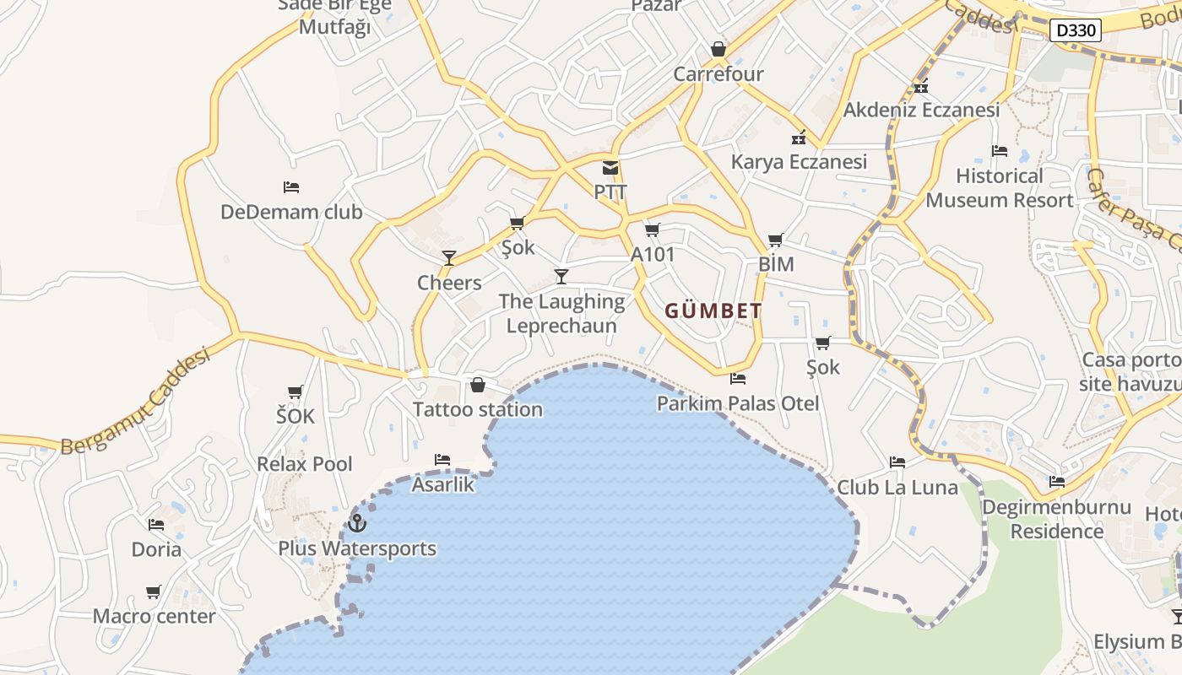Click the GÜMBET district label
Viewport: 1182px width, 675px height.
coord(713,310)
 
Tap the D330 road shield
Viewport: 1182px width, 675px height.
coord(1076,31)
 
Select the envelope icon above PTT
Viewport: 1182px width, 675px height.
coord(610,168)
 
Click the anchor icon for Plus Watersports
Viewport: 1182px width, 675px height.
coord(358,524)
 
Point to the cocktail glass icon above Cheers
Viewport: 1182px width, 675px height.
coord(449,258)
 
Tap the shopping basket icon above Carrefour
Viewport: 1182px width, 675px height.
coord(718,50)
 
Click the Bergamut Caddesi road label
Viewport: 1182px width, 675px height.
coord(135,402)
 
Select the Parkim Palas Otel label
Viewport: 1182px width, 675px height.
coord(738,403)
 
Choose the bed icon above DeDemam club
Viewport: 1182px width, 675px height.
coord(291,187)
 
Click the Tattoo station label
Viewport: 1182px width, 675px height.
coord(477,410)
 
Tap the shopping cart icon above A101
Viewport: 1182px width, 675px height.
coord(652,229)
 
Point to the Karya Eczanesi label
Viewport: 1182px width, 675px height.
coord(799,162)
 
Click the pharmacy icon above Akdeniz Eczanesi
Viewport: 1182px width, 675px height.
coord(921,86)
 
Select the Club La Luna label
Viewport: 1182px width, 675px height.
coord(897,488)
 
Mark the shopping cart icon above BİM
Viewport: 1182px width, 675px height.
coord(775,240)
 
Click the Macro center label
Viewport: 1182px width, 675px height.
coord(155,616)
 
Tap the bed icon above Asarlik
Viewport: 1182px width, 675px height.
coord(442,460)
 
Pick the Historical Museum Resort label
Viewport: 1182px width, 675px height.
coord(1000,188)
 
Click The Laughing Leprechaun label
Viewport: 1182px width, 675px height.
coord(561,313)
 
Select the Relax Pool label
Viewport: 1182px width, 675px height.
coord(305,464)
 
